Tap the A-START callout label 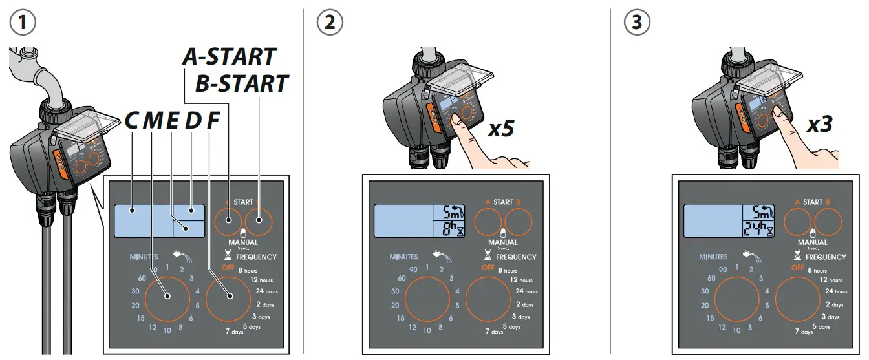(229, 57)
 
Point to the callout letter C (132, 121)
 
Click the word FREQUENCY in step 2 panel (516, 257)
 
